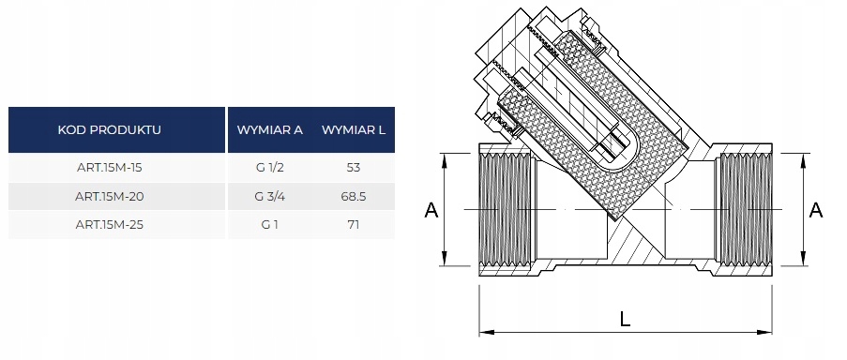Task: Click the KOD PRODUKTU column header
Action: coord(109,130)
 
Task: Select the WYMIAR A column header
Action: coord(269,130)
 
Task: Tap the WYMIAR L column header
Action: coord(354,130)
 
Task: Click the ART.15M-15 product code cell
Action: coord(109,167)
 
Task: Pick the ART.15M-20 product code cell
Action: coord(109,197)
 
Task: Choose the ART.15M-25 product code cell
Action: coord(109,224)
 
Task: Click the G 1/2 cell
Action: coord(269,167)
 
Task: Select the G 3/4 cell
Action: coord(269,197)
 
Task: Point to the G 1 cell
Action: coord(269,224)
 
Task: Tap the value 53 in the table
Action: coord(354,167)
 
